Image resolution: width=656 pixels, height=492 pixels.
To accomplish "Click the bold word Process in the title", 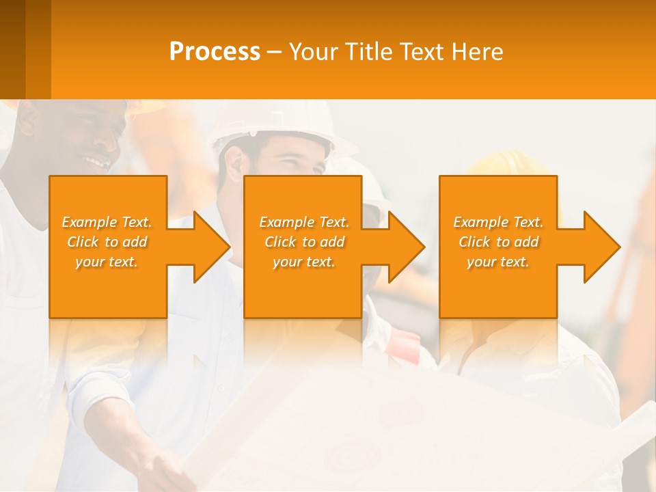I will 215,52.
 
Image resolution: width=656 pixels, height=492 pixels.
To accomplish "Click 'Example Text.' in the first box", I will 107,222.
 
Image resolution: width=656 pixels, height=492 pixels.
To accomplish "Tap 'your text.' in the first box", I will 107,262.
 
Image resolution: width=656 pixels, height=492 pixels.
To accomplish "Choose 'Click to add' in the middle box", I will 304,242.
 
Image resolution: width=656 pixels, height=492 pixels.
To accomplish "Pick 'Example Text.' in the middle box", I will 304,222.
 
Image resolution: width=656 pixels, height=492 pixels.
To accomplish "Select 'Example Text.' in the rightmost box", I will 498,222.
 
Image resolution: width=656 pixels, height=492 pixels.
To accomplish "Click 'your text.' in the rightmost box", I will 498,262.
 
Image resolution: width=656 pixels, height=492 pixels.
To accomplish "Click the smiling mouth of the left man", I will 98,163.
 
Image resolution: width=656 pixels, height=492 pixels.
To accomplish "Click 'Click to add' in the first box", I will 107,242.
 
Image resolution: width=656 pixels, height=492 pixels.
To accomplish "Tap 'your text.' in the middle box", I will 304,262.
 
